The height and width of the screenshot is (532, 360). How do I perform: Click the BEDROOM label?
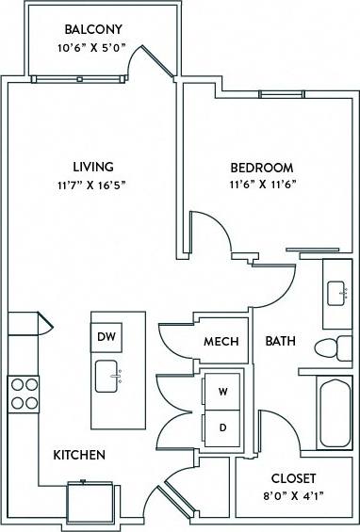(262, 169)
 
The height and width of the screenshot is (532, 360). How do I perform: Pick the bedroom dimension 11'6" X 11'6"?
(262, 185)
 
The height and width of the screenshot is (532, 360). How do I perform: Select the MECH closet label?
(221, 341)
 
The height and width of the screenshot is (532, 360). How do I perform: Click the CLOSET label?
(292, 478)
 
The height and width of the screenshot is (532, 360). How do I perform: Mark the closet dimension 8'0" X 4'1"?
(292, 495)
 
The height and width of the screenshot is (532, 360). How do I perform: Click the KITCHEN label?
(78, 456)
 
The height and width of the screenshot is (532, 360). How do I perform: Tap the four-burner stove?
(23, 393)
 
